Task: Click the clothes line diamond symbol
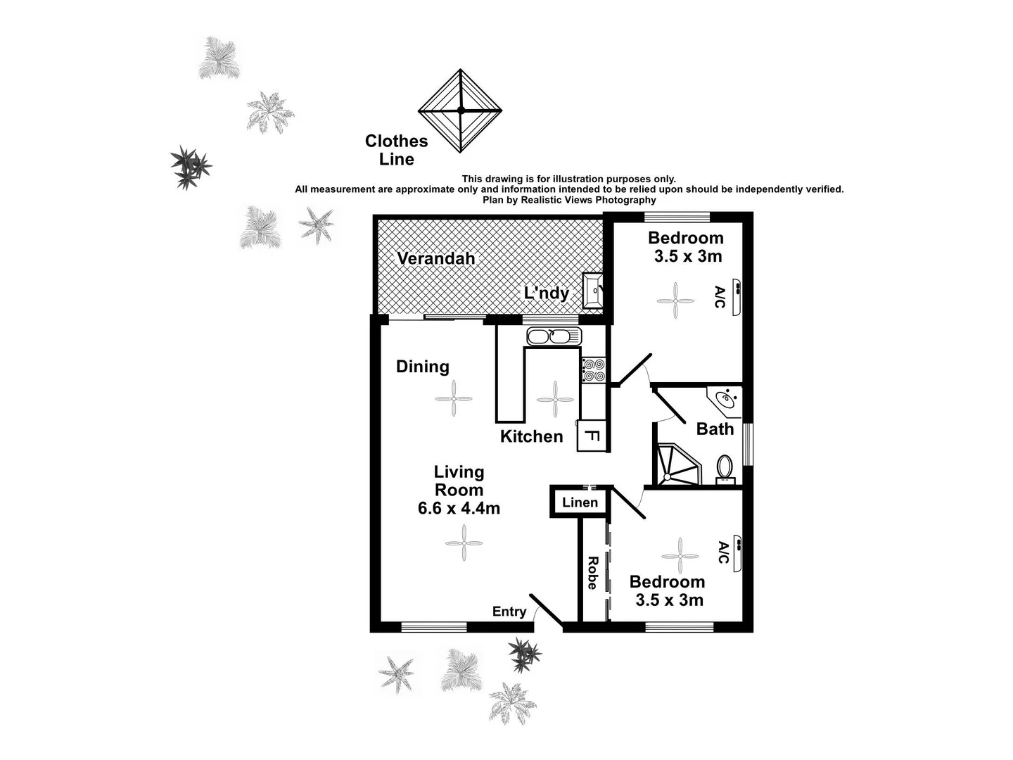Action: [460, 110]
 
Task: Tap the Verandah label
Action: [435, 258]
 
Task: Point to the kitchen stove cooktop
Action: [593, 370]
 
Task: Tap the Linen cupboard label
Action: [580, 502]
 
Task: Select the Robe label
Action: [593, 573]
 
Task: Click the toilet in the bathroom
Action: [725, 467]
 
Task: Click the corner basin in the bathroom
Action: [725, 400]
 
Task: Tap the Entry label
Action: [509, 612]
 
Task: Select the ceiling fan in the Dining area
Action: [454, 399]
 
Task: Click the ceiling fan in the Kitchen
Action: [555, 399]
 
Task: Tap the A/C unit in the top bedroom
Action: [737, 296]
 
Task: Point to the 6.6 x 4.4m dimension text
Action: [459, 508]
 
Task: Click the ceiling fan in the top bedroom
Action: [675, 301]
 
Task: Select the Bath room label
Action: [715, 429]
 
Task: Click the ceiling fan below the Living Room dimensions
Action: [464, 543]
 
